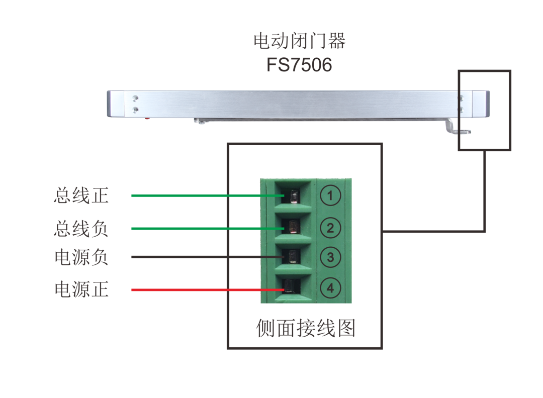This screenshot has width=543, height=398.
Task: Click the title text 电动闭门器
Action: tap(300, 41)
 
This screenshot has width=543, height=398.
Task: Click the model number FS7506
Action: tap(300, 65)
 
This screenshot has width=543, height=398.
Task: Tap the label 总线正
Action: tap(81, 196)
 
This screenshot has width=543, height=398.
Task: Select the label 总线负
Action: tap(81, 229)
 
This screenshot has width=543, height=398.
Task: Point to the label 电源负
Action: tap(81, 258)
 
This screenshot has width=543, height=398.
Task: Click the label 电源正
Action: tap(81, 290)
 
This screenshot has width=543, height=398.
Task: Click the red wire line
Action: tap(201, 290)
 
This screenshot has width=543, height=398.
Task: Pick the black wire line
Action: tap(201, 257)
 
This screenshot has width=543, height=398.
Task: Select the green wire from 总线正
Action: tap(201, 195)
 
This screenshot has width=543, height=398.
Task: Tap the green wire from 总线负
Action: tap(201, 229)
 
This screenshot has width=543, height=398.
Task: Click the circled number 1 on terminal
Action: tap(330, 196)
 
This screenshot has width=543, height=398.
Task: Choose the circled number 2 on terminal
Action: tap(330, 228)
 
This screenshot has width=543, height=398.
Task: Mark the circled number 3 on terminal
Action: tap(330, 258)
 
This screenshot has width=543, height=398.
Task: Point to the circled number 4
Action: tap(330, 288)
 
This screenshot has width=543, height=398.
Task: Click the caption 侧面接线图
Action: tap(305, 329)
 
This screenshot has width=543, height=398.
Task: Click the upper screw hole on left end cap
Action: tap(135, 98)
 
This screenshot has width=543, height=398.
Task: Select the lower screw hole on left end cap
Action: tap(135, 109)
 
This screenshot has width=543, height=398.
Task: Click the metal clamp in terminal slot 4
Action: tap(291, 287)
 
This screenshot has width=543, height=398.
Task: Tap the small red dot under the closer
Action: tap(147, 119)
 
